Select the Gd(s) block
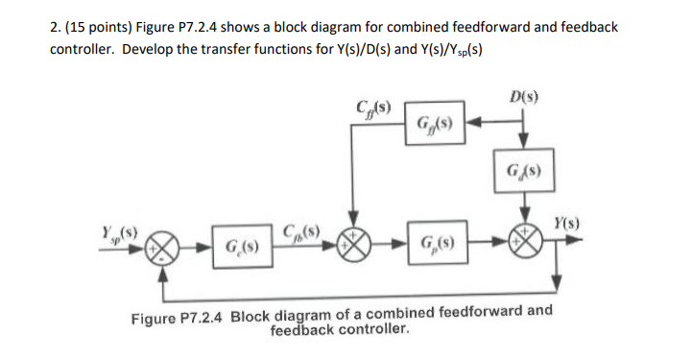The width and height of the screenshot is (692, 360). tap(523, 176)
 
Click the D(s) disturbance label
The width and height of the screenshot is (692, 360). tap(523, 97)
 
